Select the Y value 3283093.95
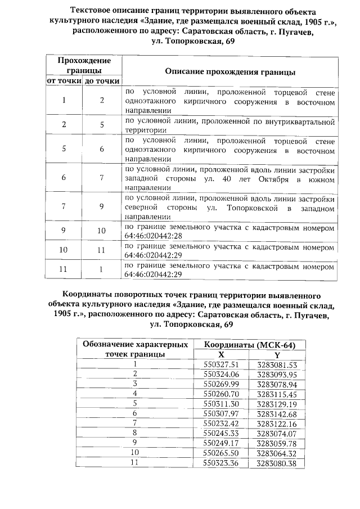277,374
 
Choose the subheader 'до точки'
102,82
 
